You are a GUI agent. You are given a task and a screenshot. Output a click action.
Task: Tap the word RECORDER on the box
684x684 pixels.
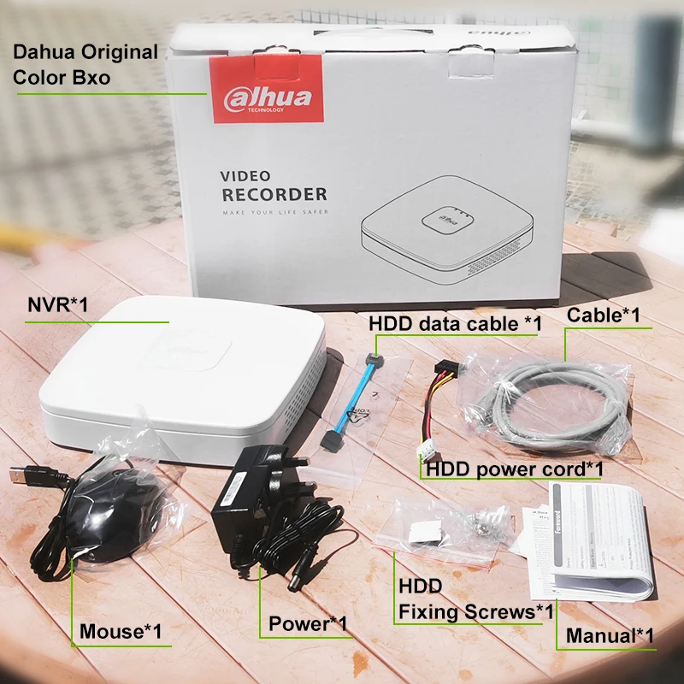pos(274,194)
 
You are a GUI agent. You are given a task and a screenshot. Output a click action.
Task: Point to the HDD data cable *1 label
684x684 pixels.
pos(455,323)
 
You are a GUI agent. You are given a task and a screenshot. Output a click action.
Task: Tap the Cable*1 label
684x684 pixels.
pos(604,315)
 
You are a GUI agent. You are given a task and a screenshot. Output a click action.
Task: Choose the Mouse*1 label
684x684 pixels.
pos(120,632)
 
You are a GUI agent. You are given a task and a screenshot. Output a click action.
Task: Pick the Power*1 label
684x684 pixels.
pos(308,624)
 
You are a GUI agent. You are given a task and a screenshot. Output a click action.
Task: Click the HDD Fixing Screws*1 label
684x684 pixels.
pos(475,599)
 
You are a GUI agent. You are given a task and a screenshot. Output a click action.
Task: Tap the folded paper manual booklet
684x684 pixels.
pos(590,539)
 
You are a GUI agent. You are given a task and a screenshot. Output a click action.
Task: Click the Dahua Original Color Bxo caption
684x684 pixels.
pos(85,63)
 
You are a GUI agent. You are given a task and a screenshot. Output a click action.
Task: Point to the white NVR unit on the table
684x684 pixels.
pos(180,376)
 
